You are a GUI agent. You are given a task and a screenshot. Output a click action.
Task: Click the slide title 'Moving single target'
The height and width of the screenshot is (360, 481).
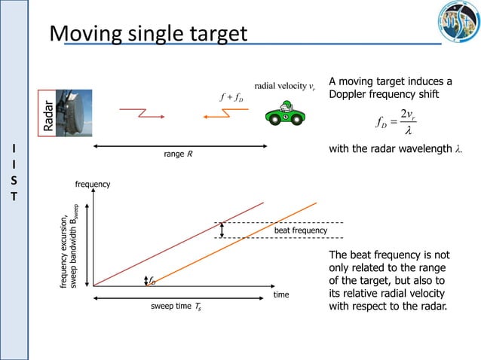click(148, 34)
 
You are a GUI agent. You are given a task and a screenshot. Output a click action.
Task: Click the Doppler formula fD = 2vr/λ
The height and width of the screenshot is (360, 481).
click(396, 121)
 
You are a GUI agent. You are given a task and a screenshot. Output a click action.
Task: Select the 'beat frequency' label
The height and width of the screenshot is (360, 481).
click(300, 230)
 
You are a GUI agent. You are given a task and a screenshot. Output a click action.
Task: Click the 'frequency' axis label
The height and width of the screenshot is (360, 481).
click(92, 185)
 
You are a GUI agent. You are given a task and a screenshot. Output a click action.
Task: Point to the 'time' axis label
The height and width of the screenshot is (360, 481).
click(281, 295)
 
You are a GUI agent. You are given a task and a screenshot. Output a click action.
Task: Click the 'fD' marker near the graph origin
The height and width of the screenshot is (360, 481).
click(151, 280)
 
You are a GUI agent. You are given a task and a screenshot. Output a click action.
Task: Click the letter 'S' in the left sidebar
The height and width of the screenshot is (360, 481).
click(14, 181)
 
